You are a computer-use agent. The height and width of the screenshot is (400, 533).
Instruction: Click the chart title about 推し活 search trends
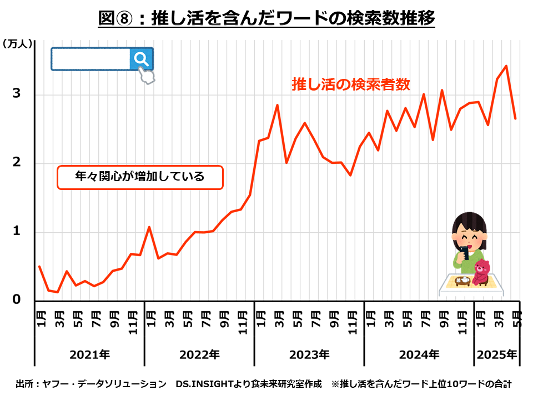point(266,18)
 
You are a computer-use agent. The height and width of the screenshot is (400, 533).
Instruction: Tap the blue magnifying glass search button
point(142,58)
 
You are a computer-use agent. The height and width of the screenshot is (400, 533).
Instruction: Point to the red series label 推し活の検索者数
point(351,84)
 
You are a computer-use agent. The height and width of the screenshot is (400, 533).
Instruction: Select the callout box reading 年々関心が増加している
point(140,177)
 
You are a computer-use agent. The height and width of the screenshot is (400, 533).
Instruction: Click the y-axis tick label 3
point(17,93)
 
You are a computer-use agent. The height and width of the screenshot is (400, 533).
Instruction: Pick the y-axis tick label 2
point(17,162)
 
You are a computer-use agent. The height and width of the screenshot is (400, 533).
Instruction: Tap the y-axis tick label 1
point(17,231)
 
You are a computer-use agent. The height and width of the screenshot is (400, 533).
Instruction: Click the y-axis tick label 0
point(17,300)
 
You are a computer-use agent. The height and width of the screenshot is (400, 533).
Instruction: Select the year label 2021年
point(89,354)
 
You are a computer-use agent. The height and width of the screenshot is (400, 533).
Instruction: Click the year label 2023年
point(309,354)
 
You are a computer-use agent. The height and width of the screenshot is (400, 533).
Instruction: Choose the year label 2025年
point(496,354)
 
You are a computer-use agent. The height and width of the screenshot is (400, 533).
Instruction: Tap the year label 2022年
point(199,354)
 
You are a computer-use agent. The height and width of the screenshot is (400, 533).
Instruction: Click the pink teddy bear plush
point(481,272)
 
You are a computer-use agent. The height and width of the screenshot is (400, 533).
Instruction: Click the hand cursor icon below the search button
point(147,76)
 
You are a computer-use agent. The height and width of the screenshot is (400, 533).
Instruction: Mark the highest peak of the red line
point(506,66)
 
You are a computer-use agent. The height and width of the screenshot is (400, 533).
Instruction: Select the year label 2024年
point(419,354)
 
